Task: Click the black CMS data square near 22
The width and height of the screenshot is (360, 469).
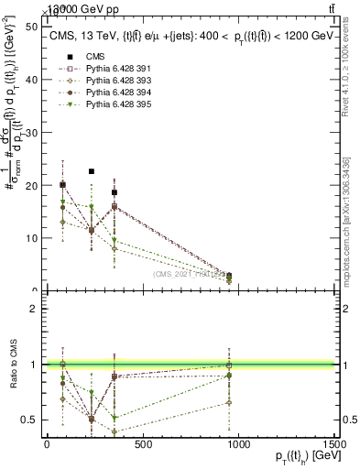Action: (91, 171)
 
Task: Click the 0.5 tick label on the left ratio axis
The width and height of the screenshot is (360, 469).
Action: (28, 420)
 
